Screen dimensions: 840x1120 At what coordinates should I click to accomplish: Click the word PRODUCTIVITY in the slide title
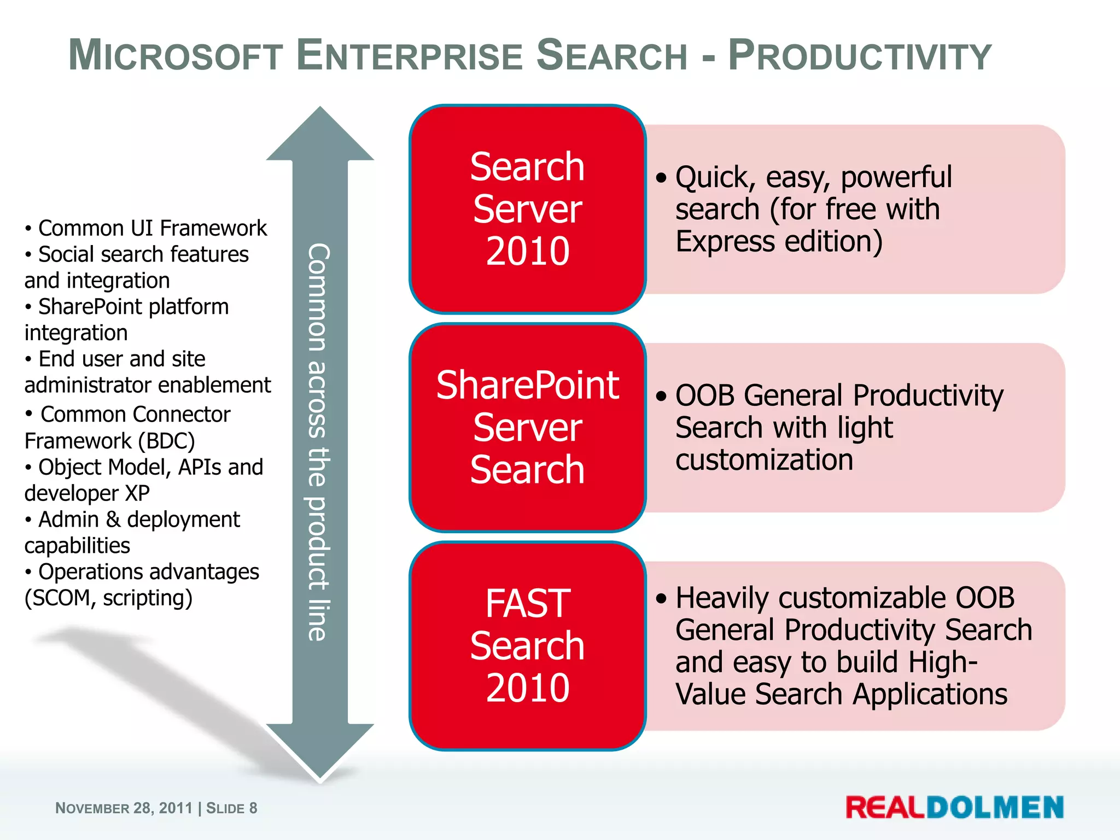860,56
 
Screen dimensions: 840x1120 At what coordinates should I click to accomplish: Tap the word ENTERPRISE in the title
410,56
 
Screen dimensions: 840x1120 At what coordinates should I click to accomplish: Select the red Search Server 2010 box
527,209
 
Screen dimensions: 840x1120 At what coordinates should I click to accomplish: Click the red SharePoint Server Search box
527,427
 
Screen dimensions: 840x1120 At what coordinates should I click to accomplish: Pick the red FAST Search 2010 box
527,645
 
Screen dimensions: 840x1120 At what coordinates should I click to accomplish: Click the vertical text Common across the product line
319,442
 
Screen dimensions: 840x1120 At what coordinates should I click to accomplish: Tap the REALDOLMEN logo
954,807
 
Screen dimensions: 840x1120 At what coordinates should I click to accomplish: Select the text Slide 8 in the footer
231,808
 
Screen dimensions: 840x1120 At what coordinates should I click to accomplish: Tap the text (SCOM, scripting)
108,598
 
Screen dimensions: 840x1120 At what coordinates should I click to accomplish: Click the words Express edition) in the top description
779,242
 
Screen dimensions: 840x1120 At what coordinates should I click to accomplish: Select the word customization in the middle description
763,460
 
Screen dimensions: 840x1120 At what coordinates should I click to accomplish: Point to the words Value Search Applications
841,694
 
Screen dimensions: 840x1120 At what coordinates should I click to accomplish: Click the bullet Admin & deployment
139,520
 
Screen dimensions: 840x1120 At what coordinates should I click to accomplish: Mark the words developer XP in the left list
87,493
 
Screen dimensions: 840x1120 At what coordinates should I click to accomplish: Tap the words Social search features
143,254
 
